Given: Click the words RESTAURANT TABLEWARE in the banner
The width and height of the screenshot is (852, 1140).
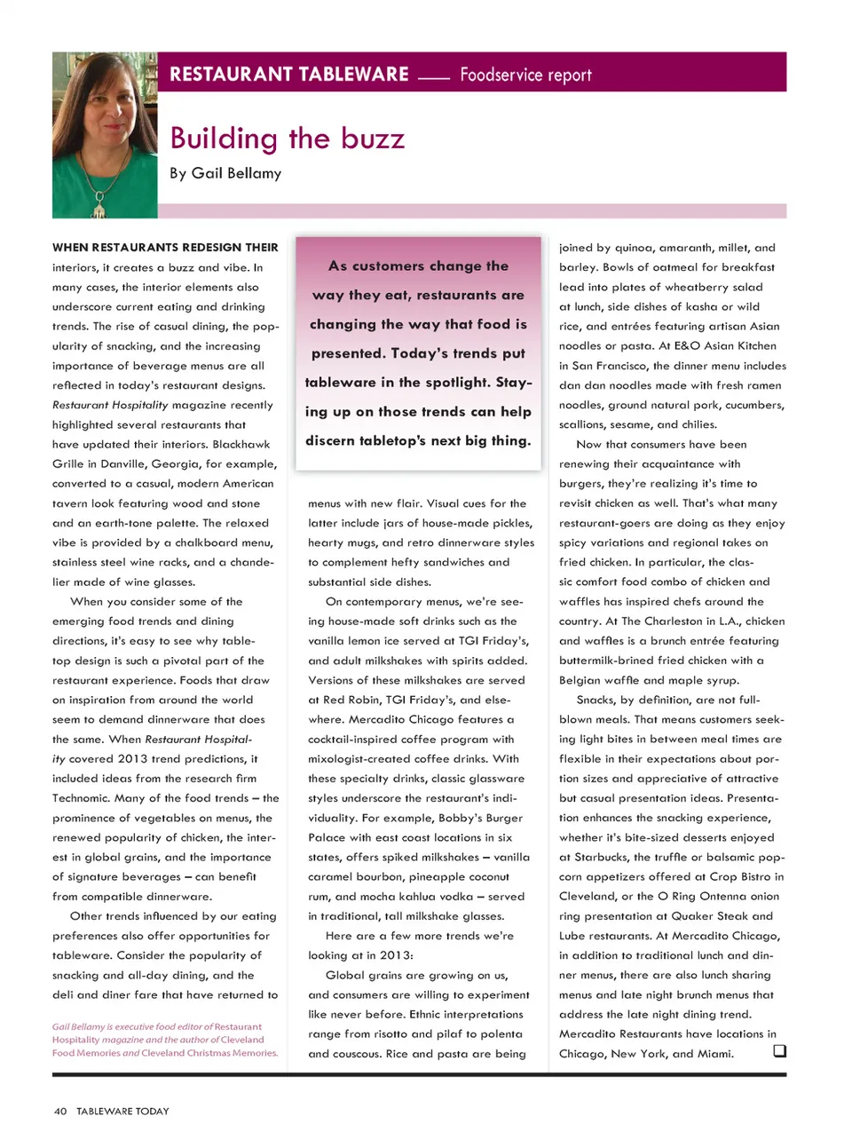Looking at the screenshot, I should pos(289,75).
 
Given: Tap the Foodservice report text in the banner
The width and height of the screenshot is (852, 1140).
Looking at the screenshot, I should pos(525,75).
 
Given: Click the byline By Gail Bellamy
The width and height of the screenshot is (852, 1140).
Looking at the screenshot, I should pos(225,173).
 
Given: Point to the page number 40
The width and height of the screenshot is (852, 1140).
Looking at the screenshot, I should pos(60,1111).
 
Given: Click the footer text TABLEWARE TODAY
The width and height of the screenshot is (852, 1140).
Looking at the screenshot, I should pos(122,1111).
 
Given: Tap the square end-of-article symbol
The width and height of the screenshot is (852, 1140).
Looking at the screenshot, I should pos(779,1051).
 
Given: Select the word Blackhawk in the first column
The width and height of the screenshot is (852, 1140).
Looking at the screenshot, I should pos(241,444).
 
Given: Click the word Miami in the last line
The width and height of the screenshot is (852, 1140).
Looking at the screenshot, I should pos(716,1054).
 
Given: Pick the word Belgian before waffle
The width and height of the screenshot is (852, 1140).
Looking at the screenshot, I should pos(580,680).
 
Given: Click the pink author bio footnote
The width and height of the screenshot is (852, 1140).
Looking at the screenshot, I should pos(165,1040).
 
